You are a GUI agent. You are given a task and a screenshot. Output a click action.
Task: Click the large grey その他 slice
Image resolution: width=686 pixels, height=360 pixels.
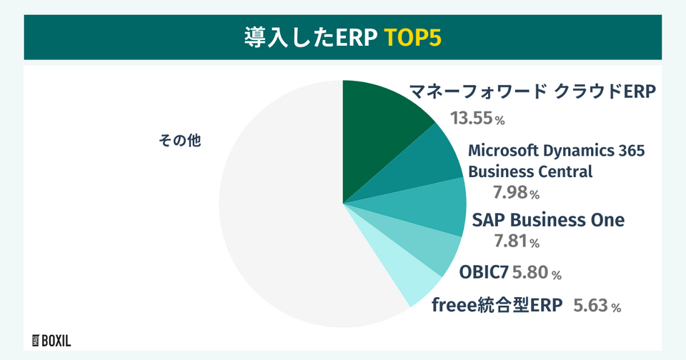(x=279, y=214)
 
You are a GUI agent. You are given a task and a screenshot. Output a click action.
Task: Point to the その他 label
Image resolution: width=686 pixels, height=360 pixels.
(x=180, y=141)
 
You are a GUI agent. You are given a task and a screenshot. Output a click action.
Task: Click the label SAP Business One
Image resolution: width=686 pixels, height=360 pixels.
(x=548, y=220)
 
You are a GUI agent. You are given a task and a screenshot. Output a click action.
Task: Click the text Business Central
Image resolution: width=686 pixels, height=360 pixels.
(x=530, y=171)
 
